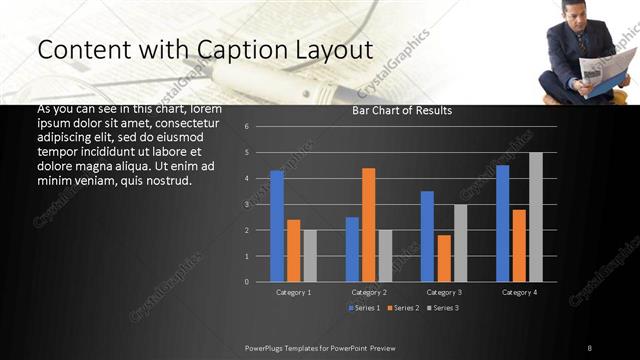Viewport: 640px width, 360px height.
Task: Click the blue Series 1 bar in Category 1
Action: (x=277, y=226)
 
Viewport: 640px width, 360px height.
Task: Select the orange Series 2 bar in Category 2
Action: (x=369, y=225)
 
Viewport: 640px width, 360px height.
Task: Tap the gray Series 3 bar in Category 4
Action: (x=536, y=217)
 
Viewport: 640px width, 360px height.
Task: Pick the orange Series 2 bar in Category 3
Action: (x=444, y=258)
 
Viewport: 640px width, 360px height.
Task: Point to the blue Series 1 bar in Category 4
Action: (x=502, y=223)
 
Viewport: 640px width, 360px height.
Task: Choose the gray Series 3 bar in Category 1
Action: (x=310, y=256)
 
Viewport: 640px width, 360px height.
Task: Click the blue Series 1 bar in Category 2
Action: (x=352, y=249)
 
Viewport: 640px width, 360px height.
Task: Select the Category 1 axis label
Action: (x=293, y=292)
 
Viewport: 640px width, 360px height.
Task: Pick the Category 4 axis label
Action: (x=519, y=292)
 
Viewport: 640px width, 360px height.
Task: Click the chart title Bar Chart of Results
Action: (x=402, y=110)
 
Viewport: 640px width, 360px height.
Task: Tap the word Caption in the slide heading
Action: (x=220, y=50)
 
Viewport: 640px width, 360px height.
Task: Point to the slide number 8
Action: (x=590, y=347)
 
